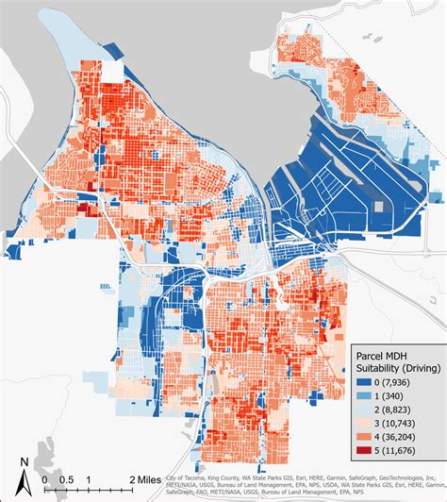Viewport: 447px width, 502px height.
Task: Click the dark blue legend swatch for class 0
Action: click(x=366, y=381)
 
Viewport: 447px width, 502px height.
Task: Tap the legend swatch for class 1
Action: click(x=366, y=396)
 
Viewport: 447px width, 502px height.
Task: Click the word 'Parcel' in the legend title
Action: click(x=373, y=350)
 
